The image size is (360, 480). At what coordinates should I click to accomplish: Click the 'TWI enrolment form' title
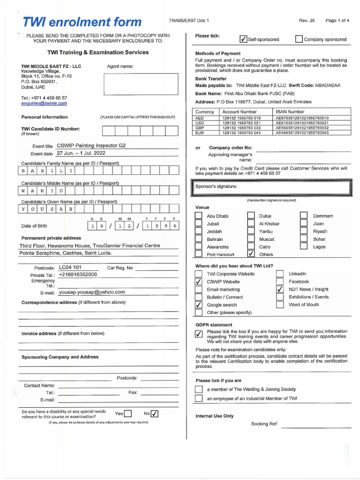click(x=82, y=22)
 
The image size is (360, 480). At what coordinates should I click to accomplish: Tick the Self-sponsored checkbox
click(x=243, y=39)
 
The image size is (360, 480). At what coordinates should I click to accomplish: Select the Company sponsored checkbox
click(x=299, y=39)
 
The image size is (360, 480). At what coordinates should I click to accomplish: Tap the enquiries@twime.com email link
click(x=44, y=103)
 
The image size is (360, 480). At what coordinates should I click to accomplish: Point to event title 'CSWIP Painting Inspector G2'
click(x=91, y=146)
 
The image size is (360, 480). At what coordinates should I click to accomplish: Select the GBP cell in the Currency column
click(x=200, y=127)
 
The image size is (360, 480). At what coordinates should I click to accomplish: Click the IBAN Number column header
click(x=290, y=112)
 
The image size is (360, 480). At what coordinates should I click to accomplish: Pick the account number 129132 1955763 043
click(x=241, y=133)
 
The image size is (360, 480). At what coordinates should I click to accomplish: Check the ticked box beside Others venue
click(x=251, y=255)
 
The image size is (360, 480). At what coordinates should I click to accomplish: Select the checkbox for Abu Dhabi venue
click(x=198, y=216)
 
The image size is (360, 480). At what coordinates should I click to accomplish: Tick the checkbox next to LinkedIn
click(x=280, y=274)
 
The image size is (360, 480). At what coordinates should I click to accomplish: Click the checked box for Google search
click(x=198, y=305)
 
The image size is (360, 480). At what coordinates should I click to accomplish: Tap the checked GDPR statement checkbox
click(x=198, y=334)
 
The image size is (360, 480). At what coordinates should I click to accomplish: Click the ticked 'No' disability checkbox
click(x=155, y=413)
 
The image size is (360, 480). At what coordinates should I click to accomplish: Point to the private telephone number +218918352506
click(x=78, y=275)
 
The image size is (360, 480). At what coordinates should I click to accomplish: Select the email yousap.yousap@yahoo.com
click(x=92, y=292)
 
